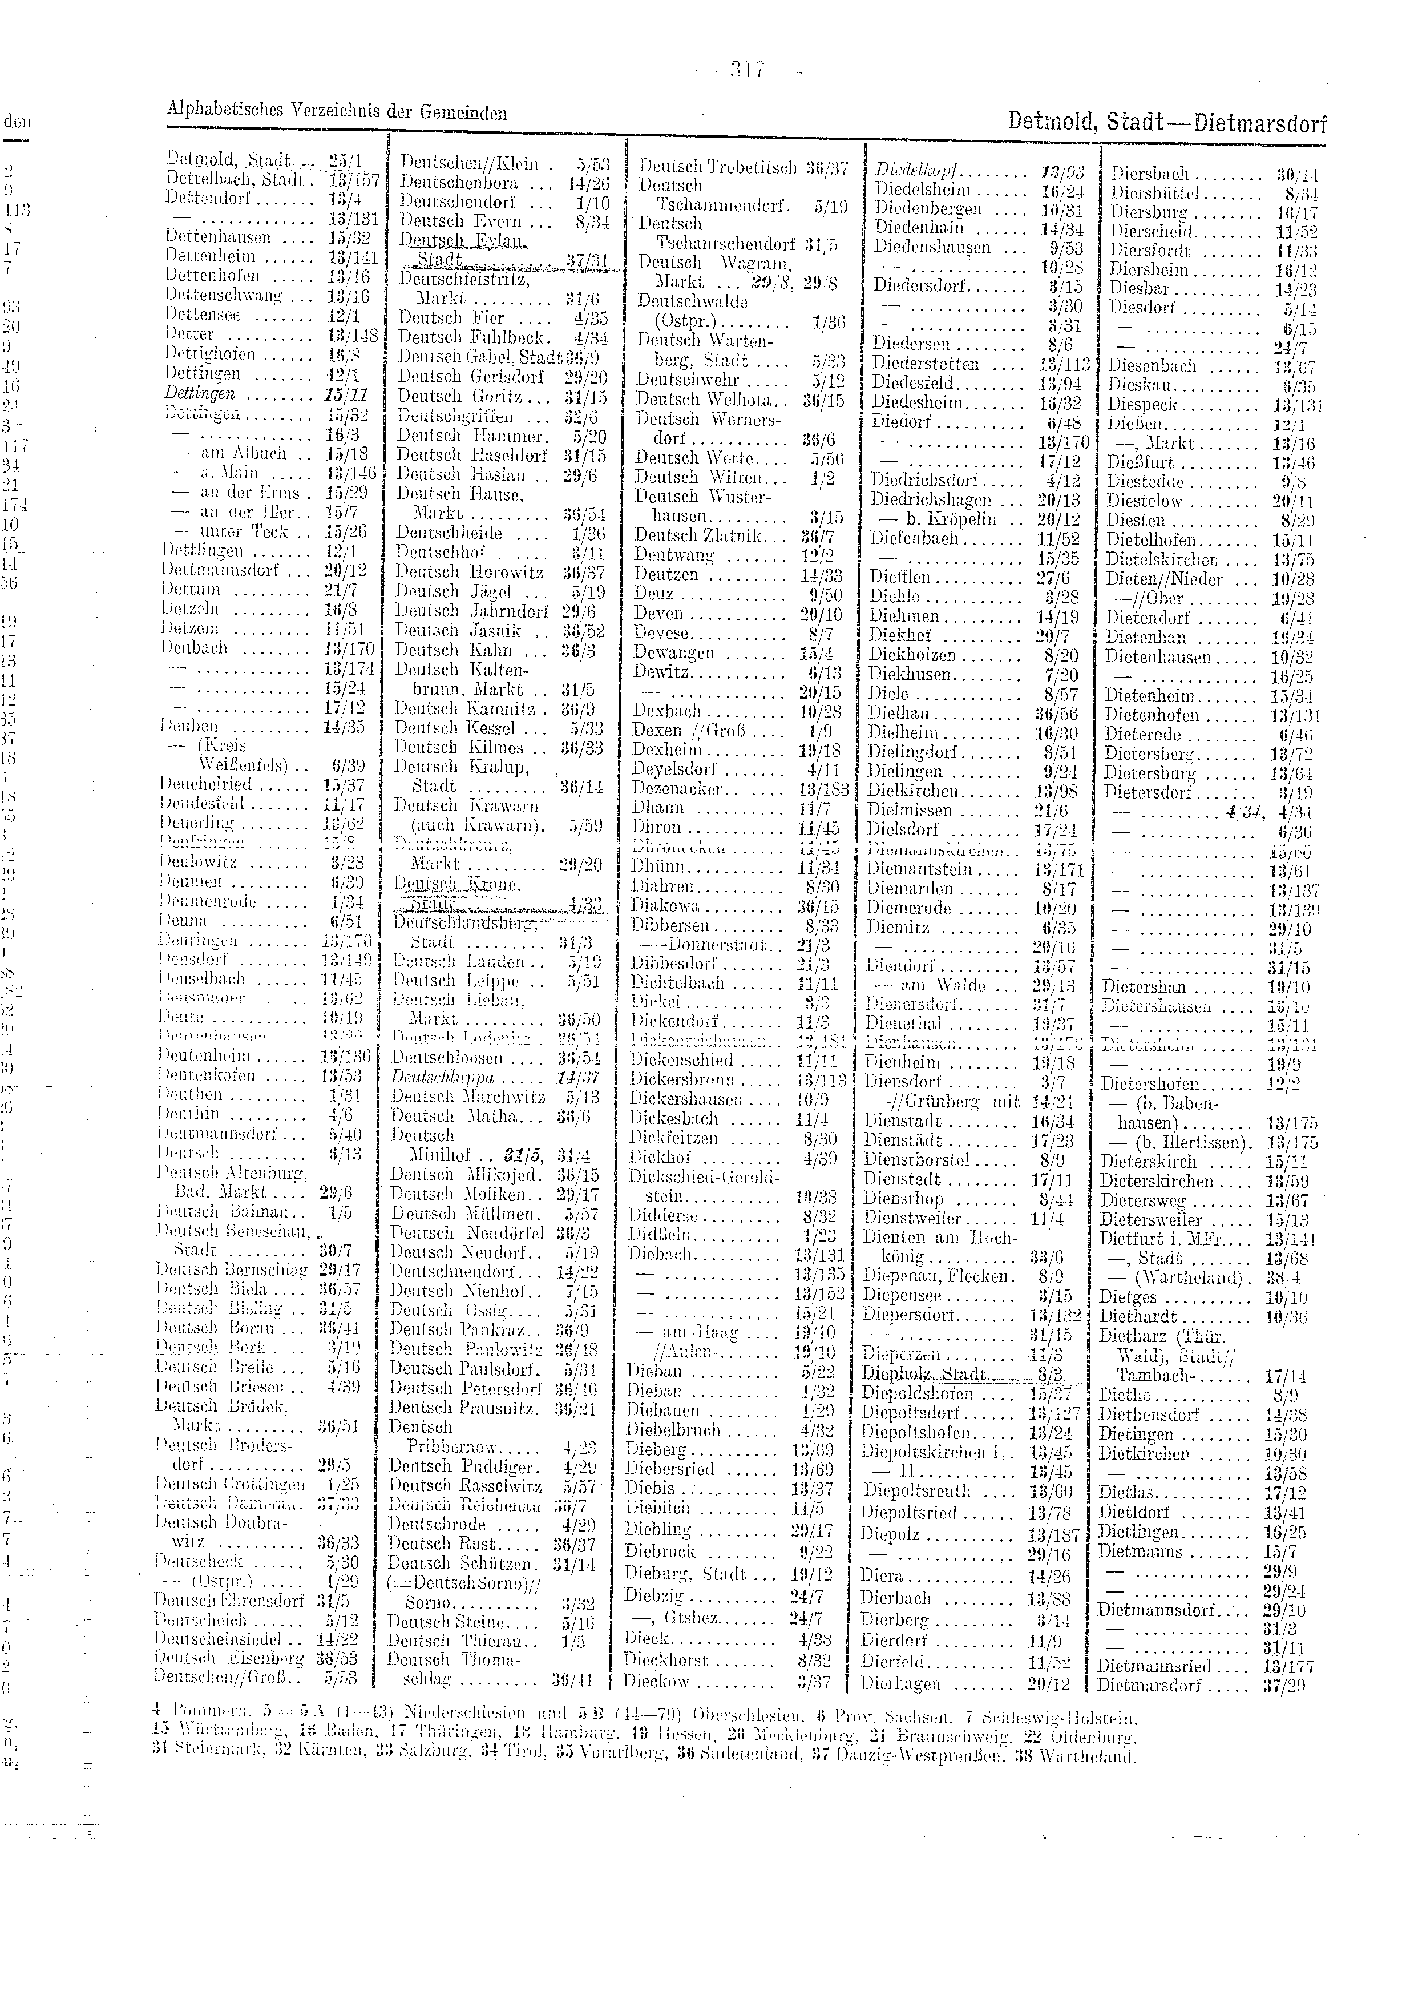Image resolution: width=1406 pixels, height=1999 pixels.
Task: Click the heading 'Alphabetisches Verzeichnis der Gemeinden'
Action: point(336,111)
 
